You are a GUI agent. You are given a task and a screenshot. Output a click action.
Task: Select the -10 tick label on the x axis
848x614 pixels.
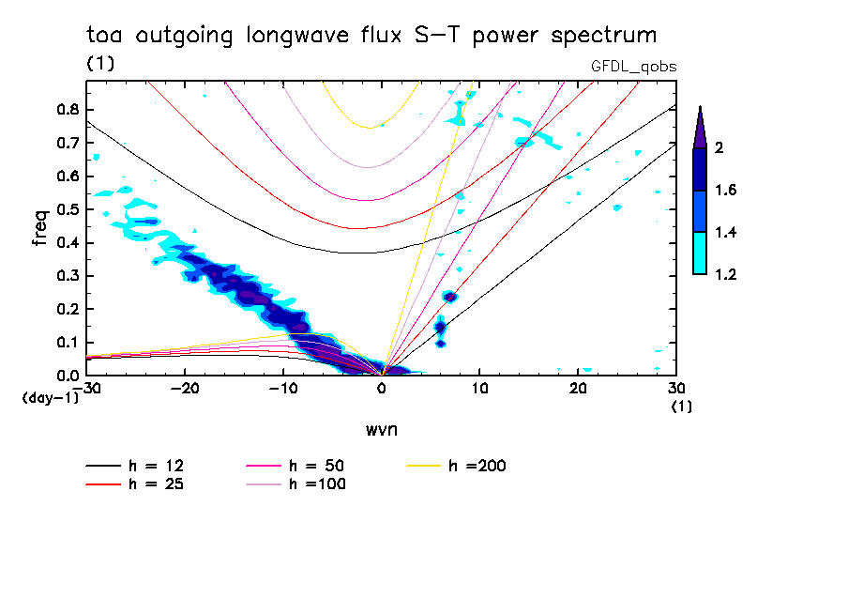point(283,388)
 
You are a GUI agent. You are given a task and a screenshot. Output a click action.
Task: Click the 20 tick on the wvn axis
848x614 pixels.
point(578,388)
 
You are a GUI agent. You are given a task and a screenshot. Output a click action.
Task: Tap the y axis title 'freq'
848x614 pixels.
point(39,228)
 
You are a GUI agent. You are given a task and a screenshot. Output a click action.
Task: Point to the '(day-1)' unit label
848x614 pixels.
point(49,398)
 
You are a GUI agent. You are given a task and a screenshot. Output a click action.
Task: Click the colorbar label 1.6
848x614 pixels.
point(725,191)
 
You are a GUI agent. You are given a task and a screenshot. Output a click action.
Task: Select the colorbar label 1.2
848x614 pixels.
point(725,275)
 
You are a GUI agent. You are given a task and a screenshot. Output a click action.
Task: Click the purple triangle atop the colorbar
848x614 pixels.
point(700,128)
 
